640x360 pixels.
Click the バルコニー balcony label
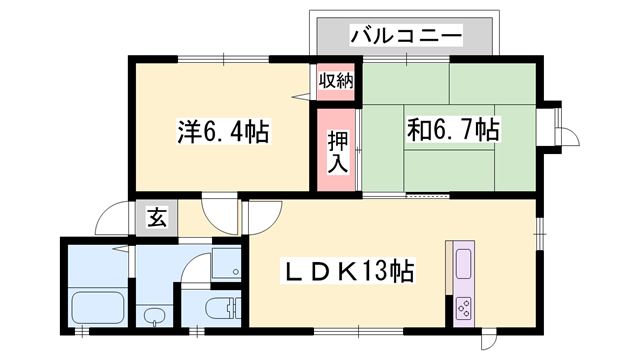pos(405,37)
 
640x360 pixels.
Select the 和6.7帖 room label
pos(453,129)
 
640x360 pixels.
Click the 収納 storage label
pos(336,81)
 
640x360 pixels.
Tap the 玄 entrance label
pos(158,217)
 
